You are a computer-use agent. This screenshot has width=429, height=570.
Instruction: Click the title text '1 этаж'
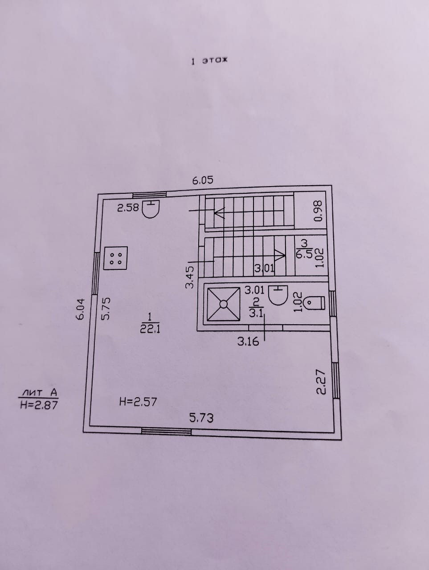(x=209, y=61)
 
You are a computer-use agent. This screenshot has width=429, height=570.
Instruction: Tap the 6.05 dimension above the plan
(x=203, y=180)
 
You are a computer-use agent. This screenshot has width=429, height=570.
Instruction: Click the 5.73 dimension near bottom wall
(x=201, y=418)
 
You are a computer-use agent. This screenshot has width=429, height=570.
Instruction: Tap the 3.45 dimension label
(x=190, y=277)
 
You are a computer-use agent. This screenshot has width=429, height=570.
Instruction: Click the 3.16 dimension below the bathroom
(x=248, y=342)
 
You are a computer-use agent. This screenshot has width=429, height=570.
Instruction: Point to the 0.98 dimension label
(x=318, y=211)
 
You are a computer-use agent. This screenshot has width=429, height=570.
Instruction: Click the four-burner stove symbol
(x=115, y=258)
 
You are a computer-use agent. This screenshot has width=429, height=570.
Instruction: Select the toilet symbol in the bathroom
(x=316, y=303)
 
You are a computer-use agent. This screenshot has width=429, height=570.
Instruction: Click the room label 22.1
(x=150, y=329)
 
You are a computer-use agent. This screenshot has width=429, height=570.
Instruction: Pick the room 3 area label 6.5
(x=304, y=254)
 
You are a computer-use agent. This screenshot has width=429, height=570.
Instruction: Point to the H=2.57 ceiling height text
(x=138, y=402)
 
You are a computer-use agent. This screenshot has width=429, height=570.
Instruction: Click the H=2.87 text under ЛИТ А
(x=39, y=405)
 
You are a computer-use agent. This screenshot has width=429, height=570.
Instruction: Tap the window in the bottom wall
(x=166, y=431)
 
